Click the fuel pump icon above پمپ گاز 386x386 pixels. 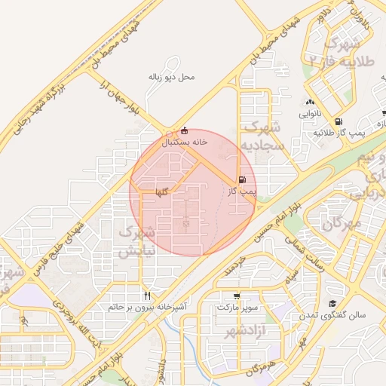[241, 179]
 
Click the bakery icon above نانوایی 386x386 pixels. [309, 103]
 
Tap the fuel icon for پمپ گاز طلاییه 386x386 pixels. [337, 121]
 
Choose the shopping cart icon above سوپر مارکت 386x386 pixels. [237, 296]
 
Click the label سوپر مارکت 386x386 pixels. [237, 308]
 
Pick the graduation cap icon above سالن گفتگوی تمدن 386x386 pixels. [332, 303]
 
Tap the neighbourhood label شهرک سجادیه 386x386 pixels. [263, 135]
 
